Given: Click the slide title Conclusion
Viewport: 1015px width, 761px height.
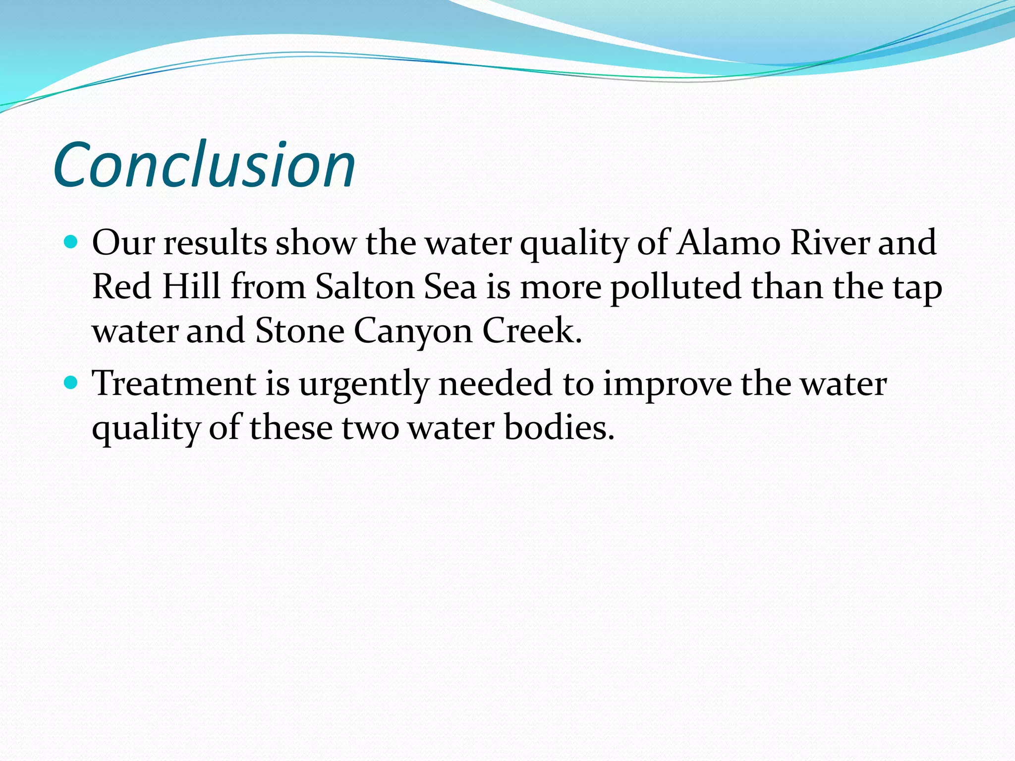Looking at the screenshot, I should (204, 165).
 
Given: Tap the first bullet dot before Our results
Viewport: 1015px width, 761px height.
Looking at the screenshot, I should (72, 242).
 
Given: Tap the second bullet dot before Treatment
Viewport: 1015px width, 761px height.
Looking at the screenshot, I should (72, 383).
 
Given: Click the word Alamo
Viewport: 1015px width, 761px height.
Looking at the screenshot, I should (729, 243).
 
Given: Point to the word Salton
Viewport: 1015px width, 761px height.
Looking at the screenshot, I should (365, 287).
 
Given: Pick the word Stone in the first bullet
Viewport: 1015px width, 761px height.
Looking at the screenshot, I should (300, 330).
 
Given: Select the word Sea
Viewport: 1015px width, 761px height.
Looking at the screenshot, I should (450, 287).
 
